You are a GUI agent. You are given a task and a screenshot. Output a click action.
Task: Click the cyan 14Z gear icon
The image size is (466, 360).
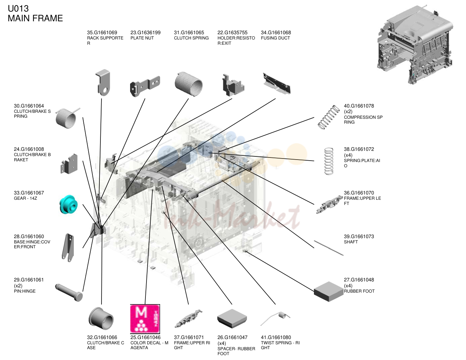68,204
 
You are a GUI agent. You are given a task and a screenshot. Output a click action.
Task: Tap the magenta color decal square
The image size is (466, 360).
145,319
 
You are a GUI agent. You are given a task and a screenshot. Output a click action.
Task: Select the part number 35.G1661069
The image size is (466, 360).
102,32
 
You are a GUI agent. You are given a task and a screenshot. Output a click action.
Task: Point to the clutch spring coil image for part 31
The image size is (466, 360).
188,84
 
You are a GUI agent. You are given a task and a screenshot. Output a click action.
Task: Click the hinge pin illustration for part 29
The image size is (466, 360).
69,293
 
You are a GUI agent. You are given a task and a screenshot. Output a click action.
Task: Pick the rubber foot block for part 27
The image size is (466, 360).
329,292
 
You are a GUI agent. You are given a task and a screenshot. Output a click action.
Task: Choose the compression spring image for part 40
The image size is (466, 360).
329,117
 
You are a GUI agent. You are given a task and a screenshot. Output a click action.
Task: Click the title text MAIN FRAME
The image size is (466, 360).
35,18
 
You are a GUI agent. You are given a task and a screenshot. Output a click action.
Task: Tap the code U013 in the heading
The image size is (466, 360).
18,9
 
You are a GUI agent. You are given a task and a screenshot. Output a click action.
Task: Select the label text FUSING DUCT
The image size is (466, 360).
275,38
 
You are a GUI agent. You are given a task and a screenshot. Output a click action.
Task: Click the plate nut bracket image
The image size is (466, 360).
145,86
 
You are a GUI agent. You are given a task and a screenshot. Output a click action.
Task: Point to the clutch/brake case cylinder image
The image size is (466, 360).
101,318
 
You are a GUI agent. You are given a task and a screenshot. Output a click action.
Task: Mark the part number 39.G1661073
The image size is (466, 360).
359,236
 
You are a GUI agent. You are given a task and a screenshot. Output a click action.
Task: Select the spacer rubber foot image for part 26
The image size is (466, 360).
232,318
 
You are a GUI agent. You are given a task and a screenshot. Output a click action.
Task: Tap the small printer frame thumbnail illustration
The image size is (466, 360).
415,44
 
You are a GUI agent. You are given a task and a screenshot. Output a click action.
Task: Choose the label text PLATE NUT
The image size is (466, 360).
142,38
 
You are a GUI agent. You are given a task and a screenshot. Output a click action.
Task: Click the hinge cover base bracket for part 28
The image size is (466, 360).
68,248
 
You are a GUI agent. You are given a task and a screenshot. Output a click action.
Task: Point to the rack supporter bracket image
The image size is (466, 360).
103,83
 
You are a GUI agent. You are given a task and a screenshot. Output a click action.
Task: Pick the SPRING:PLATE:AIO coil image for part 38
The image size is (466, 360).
329,161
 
